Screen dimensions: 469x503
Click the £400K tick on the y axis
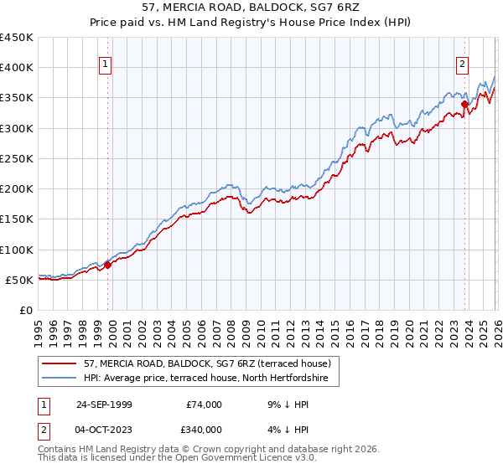[17, 68]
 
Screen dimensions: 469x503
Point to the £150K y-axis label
[17, 219]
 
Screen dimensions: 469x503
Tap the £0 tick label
[25, 311]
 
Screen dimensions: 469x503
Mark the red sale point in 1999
[108, 265]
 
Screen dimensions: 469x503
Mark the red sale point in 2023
[464, 105]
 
